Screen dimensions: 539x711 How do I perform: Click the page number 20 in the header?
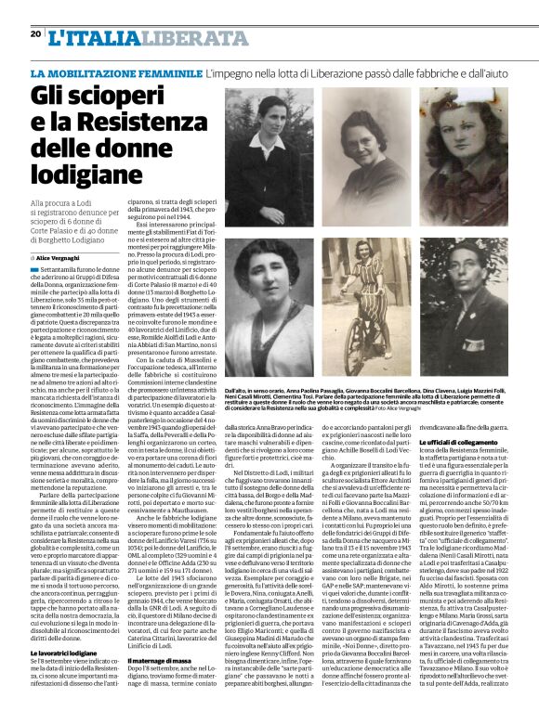pos(35,33)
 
